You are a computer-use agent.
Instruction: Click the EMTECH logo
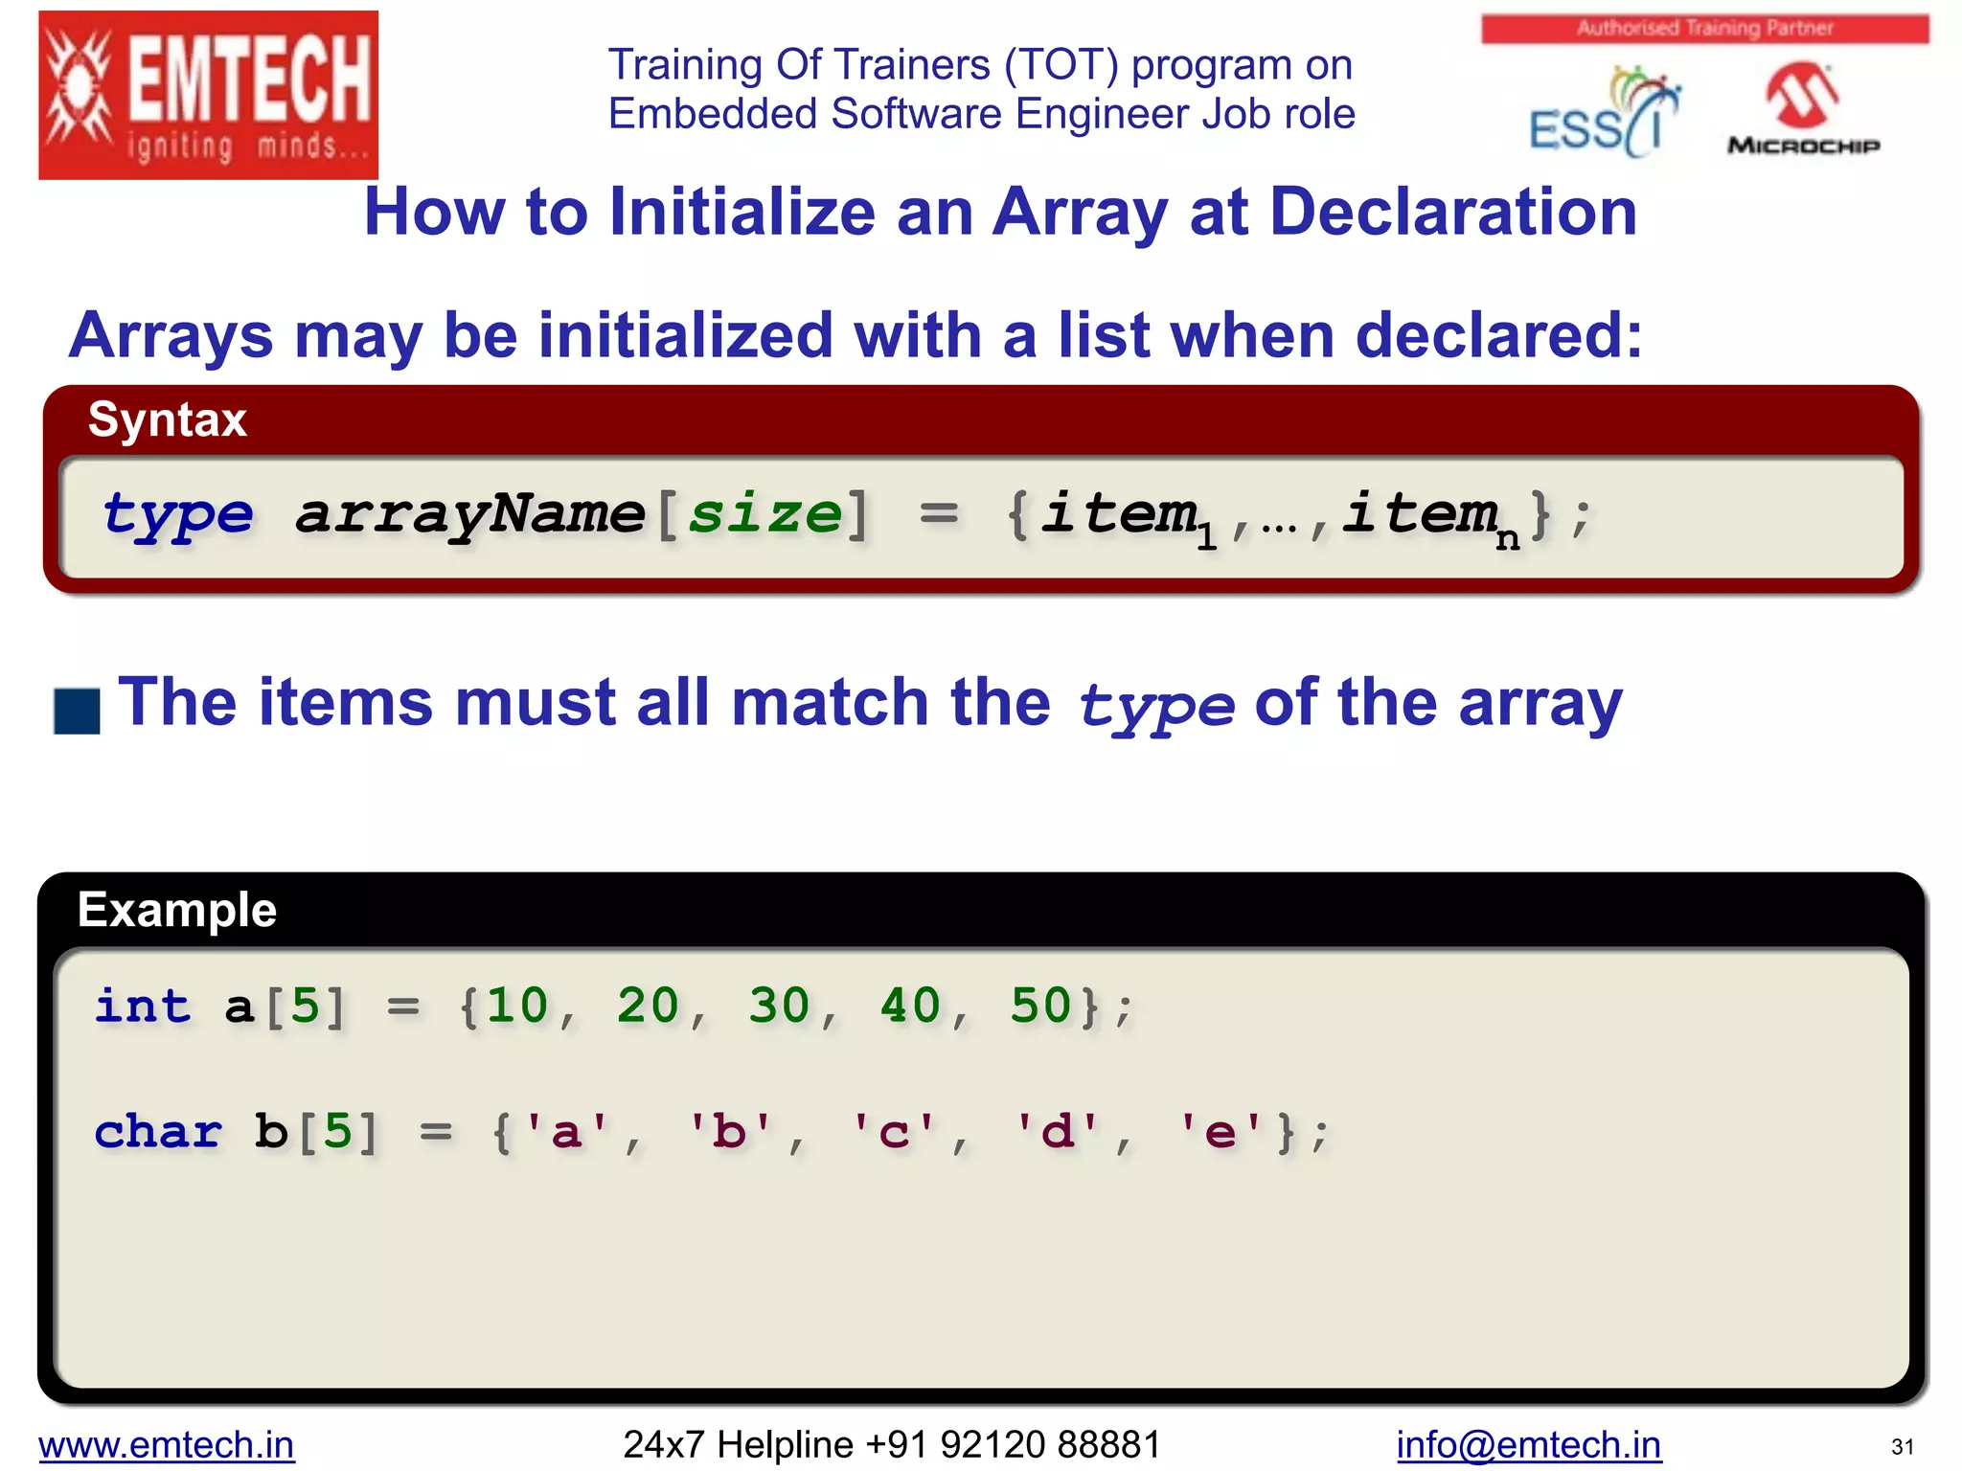(x=208, y=95)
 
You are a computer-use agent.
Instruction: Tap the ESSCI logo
(x=1604, y=113)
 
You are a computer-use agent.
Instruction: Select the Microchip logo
(x=1803, y=108)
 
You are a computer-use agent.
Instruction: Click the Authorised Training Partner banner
(x=1704, y=29)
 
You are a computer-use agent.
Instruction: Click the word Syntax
(x=168, y=419)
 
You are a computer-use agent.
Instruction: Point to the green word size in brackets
(x=764, y=514)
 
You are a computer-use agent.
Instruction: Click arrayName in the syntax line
(x=469, y=514)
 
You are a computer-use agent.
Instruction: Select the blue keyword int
(x=143, y=1006)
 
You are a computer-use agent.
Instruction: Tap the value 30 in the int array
(x=779, y=1006)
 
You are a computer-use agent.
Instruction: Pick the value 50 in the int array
(x=1040, y=1006)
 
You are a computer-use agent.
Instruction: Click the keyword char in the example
(x=158, y=1132)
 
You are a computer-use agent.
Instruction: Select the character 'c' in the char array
(x=893, y=1132)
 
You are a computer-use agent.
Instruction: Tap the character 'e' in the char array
(x=1220, y=1132)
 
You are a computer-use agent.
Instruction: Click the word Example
(x=177, y=910)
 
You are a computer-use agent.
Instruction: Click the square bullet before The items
(x=78, y=711)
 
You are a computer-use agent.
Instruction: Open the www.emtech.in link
(x=167, y=1444)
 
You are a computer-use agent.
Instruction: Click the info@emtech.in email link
(x=1528, y=1444)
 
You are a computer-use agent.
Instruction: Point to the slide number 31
(x=1902, y=1447)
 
